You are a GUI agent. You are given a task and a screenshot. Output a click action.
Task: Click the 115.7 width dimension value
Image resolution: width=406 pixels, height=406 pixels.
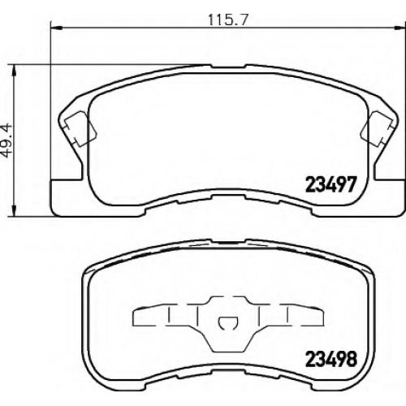pos(228,19)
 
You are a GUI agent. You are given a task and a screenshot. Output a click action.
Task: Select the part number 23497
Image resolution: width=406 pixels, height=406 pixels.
pos(330,184)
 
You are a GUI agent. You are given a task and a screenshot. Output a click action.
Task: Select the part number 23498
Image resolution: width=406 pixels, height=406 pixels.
pos(331,358)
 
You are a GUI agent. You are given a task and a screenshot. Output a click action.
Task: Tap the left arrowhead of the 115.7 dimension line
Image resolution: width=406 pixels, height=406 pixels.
pos(57,27)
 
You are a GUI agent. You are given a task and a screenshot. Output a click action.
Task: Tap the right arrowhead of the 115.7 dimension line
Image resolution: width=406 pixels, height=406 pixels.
pos(400,27)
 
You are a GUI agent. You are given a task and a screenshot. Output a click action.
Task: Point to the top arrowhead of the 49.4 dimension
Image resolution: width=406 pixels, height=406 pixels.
pos(14,71)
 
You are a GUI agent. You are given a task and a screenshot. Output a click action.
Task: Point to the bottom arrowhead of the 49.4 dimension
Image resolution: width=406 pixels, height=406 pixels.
pos(14,210)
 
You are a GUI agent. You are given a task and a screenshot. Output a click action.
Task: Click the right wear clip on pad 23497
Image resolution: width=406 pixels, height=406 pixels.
pos(377,129)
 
